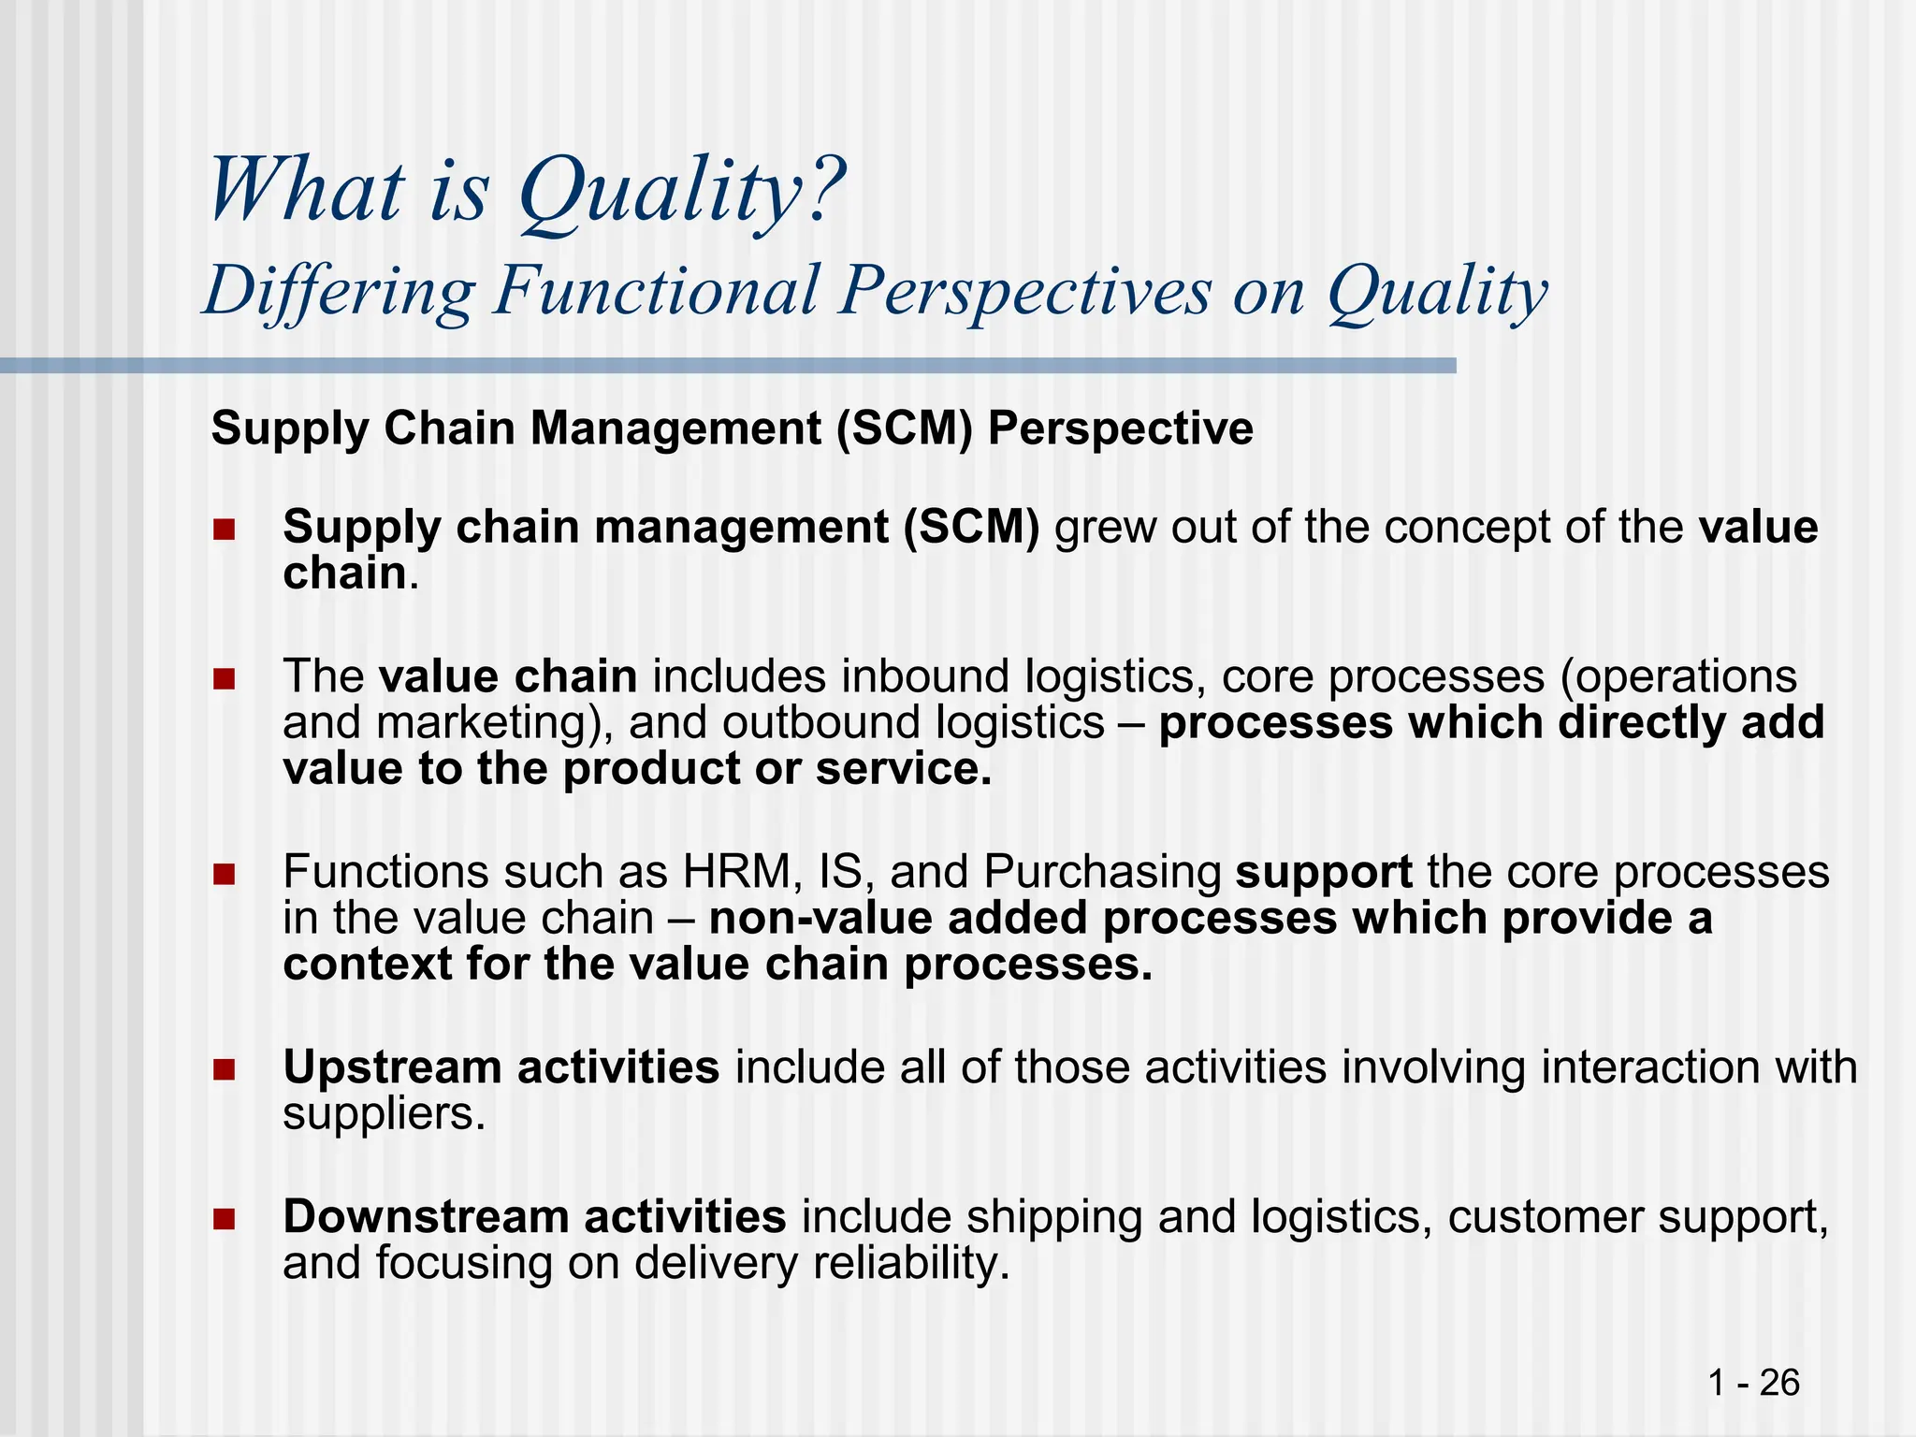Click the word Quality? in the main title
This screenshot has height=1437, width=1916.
(x=681, y=192)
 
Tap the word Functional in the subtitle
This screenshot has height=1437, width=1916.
(x=657, y=290)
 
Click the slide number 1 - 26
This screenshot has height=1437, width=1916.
(x=1753, y=1382)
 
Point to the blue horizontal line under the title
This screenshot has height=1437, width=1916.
(x=730, y=366)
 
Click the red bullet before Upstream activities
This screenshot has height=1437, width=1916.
(x=224, y=1068)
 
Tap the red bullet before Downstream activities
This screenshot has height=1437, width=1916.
(x=224, y=1218)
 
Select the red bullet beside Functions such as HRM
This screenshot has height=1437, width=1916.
(x=224, y=874)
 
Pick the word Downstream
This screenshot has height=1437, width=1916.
(x=426, y=1217)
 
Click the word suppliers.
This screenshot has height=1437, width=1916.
(x=384, y=1115)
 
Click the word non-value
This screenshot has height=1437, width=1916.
(x=820, y=919)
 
